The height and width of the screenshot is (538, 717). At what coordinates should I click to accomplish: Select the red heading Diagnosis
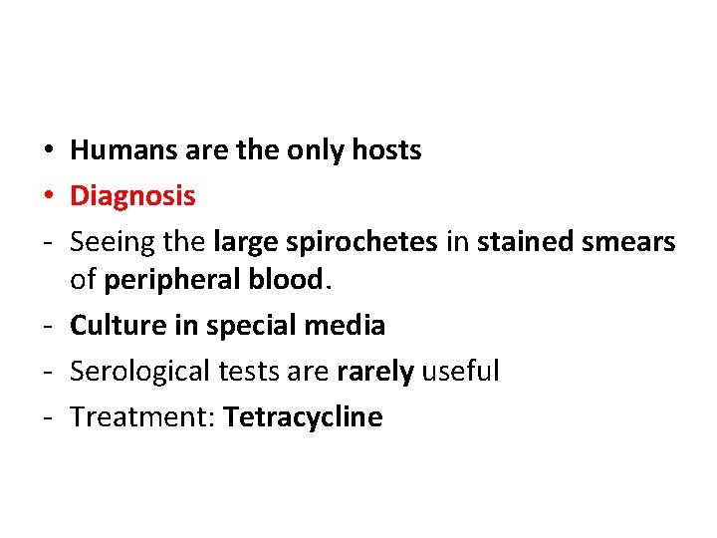pos(132,196)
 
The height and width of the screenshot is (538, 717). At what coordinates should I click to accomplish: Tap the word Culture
pos(118,326)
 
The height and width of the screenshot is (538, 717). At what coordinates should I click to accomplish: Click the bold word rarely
pos(376,373)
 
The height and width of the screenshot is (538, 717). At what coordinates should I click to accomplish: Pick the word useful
pos(460,372)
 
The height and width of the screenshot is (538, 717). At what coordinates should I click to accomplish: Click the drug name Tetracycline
pos(303,417)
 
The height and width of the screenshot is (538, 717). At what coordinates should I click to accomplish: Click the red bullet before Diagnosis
pos(48,197)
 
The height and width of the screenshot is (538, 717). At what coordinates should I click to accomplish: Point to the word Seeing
pos(107,242)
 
